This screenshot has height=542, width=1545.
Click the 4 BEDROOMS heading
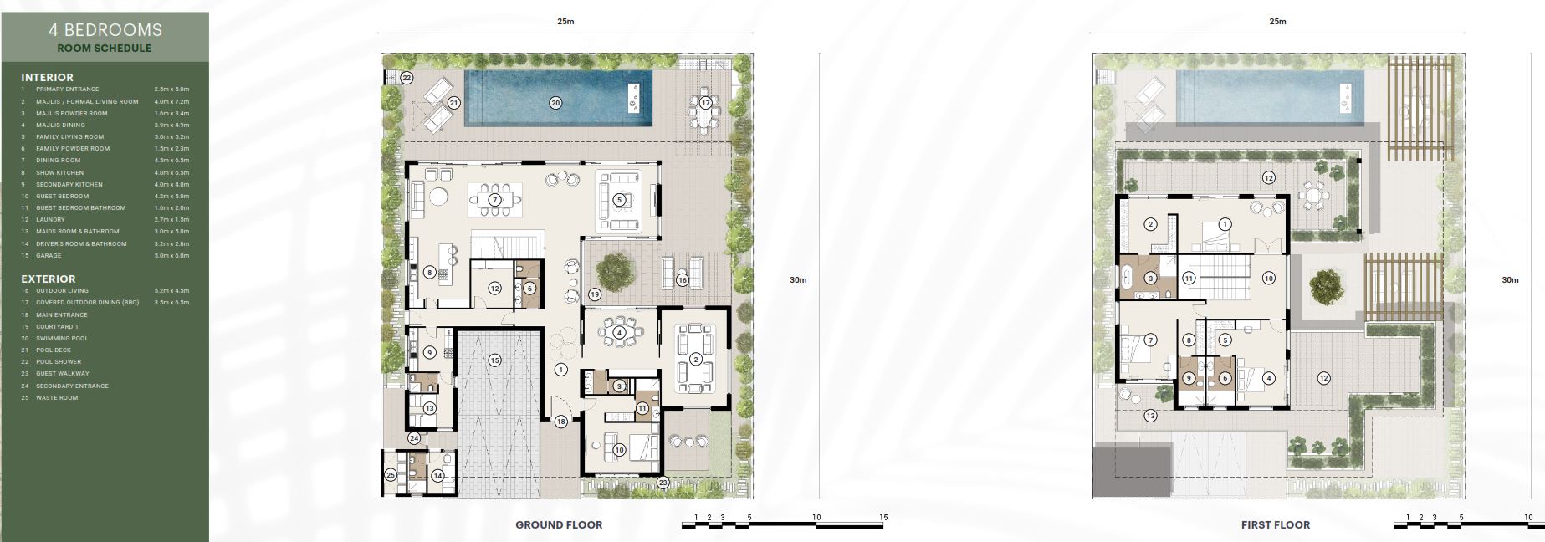105,30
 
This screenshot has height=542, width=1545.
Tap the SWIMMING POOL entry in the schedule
62,338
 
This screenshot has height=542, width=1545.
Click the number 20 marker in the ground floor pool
555,103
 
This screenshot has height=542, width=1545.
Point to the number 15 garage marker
494,360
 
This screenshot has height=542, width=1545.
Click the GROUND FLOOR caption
559,524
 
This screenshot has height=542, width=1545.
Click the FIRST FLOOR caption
1276,524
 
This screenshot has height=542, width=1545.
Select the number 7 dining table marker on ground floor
494,200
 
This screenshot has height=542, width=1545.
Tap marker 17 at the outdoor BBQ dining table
705,103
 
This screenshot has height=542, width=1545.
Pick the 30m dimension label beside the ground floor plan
798,280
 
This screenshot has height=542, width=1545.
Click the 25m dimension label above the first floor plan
1277,22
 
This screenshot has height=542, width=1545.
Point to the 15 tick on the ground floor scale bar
883,518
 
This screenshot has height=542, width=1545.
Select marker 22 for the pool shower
407,78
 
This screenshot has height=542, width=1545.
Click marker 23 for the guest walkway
663,483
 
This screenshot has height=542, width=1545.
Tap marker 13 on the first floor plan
1151,416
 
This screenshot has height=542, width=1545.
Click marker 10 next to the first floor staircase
1268,278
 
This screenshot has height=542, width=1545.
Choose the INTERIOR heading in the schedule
47,77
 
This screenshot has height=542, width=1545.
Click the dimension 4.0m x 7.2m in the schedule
171,101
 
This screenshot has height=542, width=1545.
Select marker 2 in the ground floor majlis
695,360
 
